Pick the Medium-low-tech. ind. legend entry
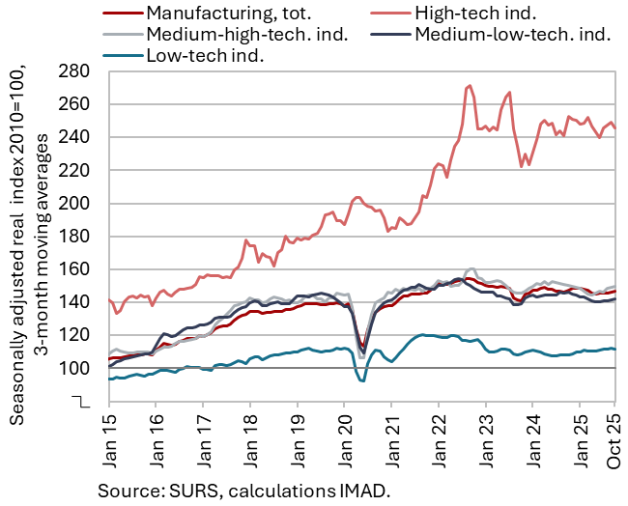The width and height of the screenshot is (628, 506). tap(511, 34)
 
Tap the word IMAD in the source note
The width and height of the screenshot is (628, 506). tap(358, 490)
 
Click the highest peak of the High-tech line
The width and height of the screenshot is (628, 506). tap(470, 86)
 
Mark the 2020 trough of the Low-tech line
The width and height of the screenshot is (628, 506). tap(361, 380)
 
